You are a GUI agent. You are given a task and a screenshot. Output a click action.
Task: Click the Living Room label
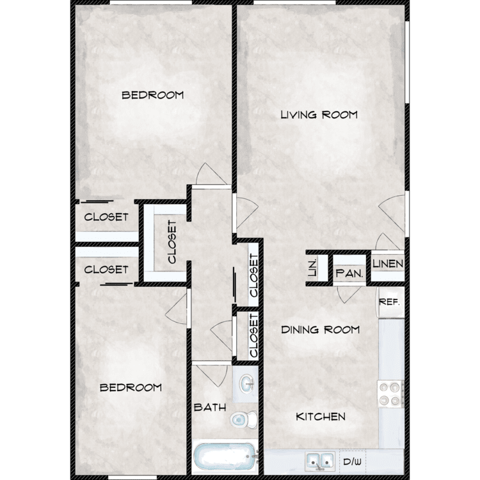click(x=319, y=115)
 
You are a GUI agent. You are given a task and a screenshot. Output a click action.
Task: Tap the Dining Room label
click(x=320, y=330)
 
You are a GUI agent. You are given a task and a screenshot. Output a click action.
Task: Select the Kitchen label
click(x=321, y=417)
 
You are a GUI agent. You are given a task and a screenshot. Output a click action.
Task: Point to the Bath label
click(x=210, y=408)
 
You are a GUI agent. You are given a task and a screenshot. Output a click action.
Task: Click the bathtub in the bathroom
click(x=225, y=456)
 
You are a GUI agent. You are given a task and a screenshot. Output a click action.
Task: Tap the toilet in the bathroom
click(x=244, y=419)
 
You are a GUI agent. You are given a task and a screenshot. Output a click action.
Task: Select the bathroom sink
click(x=247, y=385)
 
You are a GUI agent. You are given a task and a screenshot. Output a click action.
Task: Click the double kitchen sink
click(x=319, y=461)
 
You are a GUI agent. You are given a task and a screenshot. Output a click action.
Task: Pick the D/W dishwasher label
click(x=352, y=461)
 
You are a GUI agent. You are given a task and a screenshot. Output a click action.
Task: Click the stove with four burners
click(x=390, y=394)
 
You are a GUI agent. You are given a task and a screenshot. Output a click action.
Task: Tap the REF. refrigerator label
click(x=389, y=302)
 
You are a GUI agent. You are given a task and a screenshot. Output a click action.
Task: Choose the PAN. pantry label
click(x=349, y=273)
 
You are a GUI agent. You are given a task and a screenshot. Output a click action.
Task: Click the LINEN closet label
click(x=388, y=264)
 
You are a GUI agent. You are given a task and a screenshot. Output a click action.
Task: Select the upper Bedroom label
click(x=152, y=95)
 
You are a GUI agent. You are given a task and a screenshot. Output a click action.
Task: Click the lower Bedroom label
click(x=131, y=388)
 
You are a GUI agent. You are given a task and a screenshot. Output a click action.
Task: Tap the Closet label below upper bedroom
click(x=106, y=217)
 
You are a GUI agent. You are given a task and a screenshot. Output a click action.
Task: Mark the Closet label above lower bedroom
click(x=106, y=269)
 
